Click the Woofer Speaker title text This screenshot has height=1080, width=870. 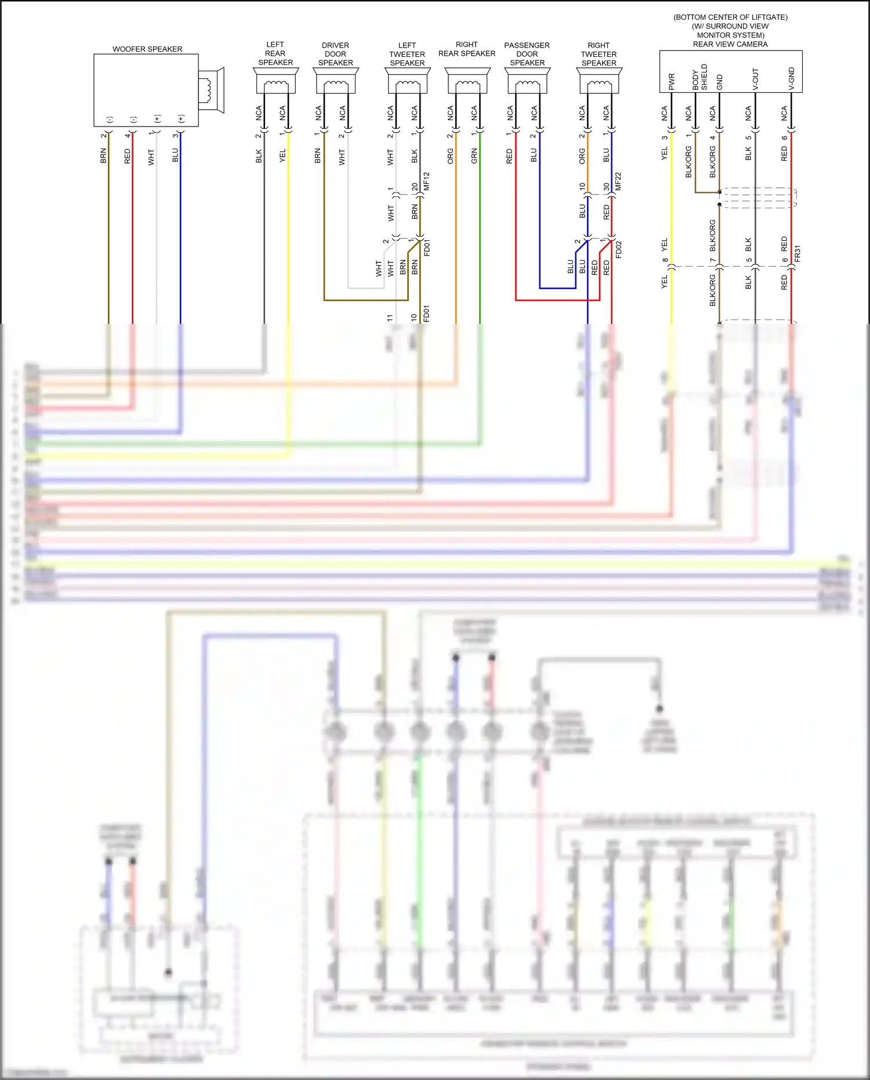[x=147, y=49]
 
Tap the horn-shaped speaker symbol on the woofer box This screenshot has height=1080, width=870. [x=211, y=90]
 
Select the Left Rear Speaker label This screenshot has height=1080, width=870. [x=275, y=53]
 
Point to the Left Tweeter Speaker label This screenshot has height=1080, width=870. [x=407, y=54]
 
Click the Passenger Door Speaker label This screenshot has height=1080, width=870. [x=527, y=54]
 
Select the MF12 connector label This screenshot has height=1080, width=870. [x=427, y=181]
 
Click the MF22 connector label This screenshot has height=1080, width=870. [x=618, y=181]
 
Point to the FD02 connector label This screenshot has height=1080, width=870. [x=618, y=249]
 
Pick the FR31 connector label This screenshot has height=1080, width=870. [x=797, y=254]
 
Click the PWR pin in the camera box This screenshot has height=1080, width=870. [x=672, y=81]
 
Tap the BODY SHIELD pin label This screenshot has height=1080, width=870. [x=700, y=77]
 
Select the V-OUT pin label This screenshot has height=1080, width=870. [x=755, y=80]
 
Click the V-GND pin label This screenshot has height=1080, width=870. [x=791, y=79]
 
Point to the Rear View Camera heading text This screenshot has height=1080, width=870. [x=730, y=44]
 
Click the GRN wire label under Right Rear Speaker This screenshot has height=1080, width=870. [x=474, y=156]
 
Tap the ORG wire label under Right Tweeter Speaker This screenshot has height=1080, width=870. [x=582, y=156]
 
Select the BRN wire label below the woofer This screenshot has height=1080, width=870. [x=103, y=156]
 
